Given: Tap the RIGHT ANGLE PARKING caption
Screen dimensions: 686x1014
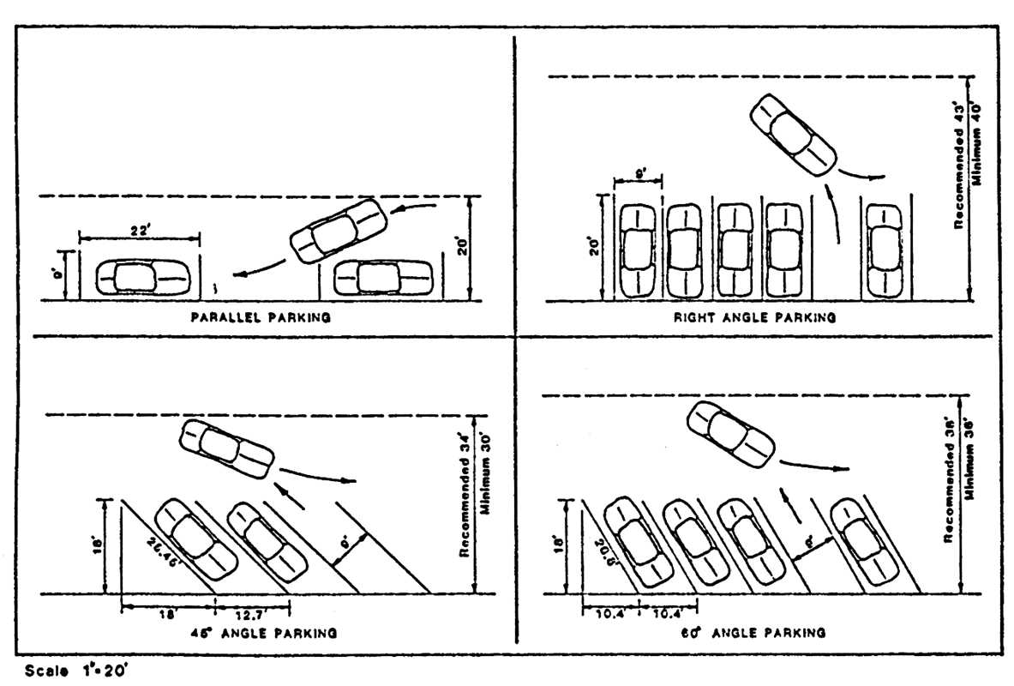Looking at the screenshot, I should [754, 317].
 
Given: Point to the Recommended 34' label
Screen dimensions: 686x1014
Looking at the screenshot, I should [465, 506].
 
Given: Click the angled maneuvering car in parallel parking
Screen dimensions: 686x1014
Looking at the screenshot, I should [339, 230].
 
